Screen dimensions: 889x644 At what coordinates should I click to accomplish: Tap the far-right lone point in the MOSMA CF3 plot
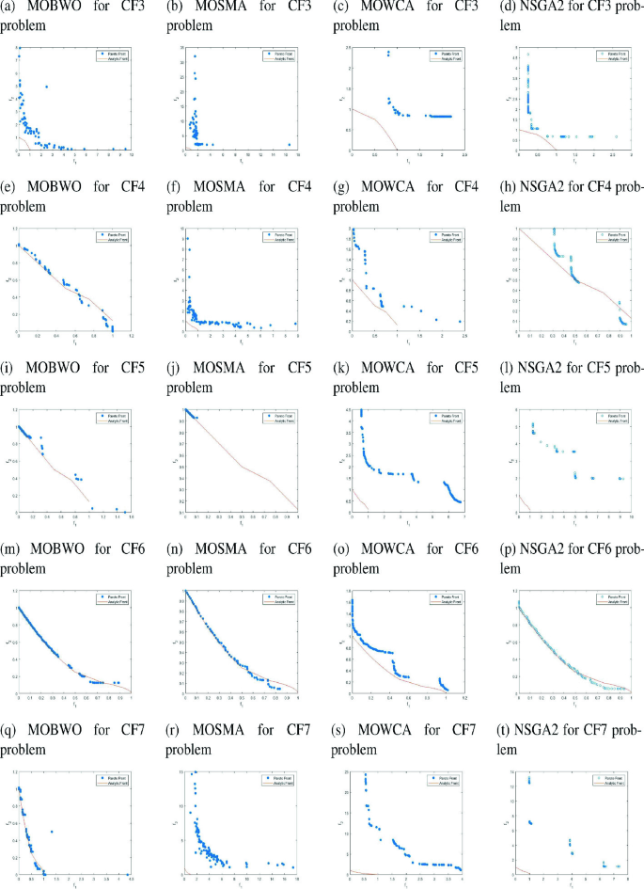pos(289,145)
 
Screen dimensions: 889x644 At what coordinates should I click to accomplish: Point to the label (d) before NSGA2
pos(526,10)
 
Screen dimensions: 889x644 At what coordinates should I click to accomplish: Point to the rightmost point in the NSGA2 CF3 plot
pos(617,137)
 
